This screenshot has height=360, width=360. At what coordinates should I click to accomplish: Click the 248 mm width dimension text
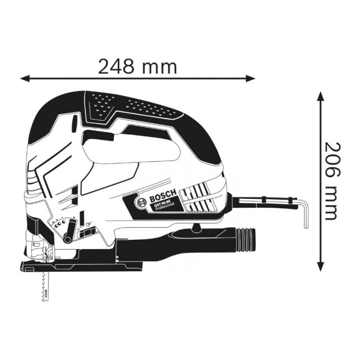point(137,66)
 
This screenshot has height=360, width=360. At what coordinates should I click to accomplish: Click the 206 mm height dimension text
point(331,181)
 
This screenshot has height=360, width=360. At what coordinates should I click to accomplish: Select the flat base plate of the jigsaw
point(83,268)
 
